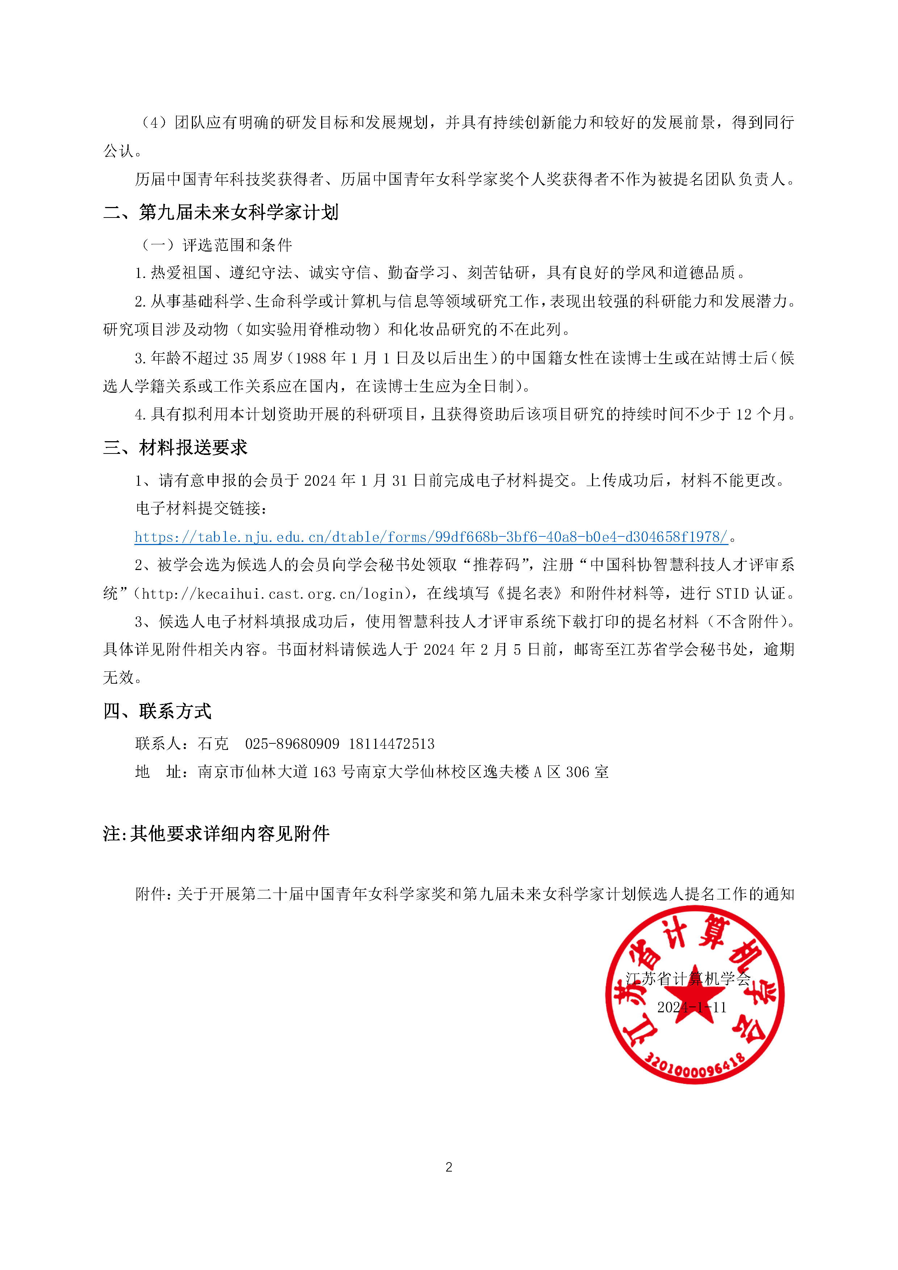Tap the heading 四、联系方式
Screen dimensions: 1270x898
click(157, 711)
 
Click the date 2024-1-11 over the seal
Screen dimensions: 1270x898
click(692, 1007)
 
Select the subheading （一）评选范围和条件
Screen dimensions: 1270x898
click(216, 245)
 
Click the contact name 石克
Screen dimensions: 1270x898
click(213, 744)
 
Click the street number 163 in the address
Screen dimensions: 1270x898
click(324, 772)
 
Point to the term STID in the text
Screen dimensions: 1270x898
click(732, 594)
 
